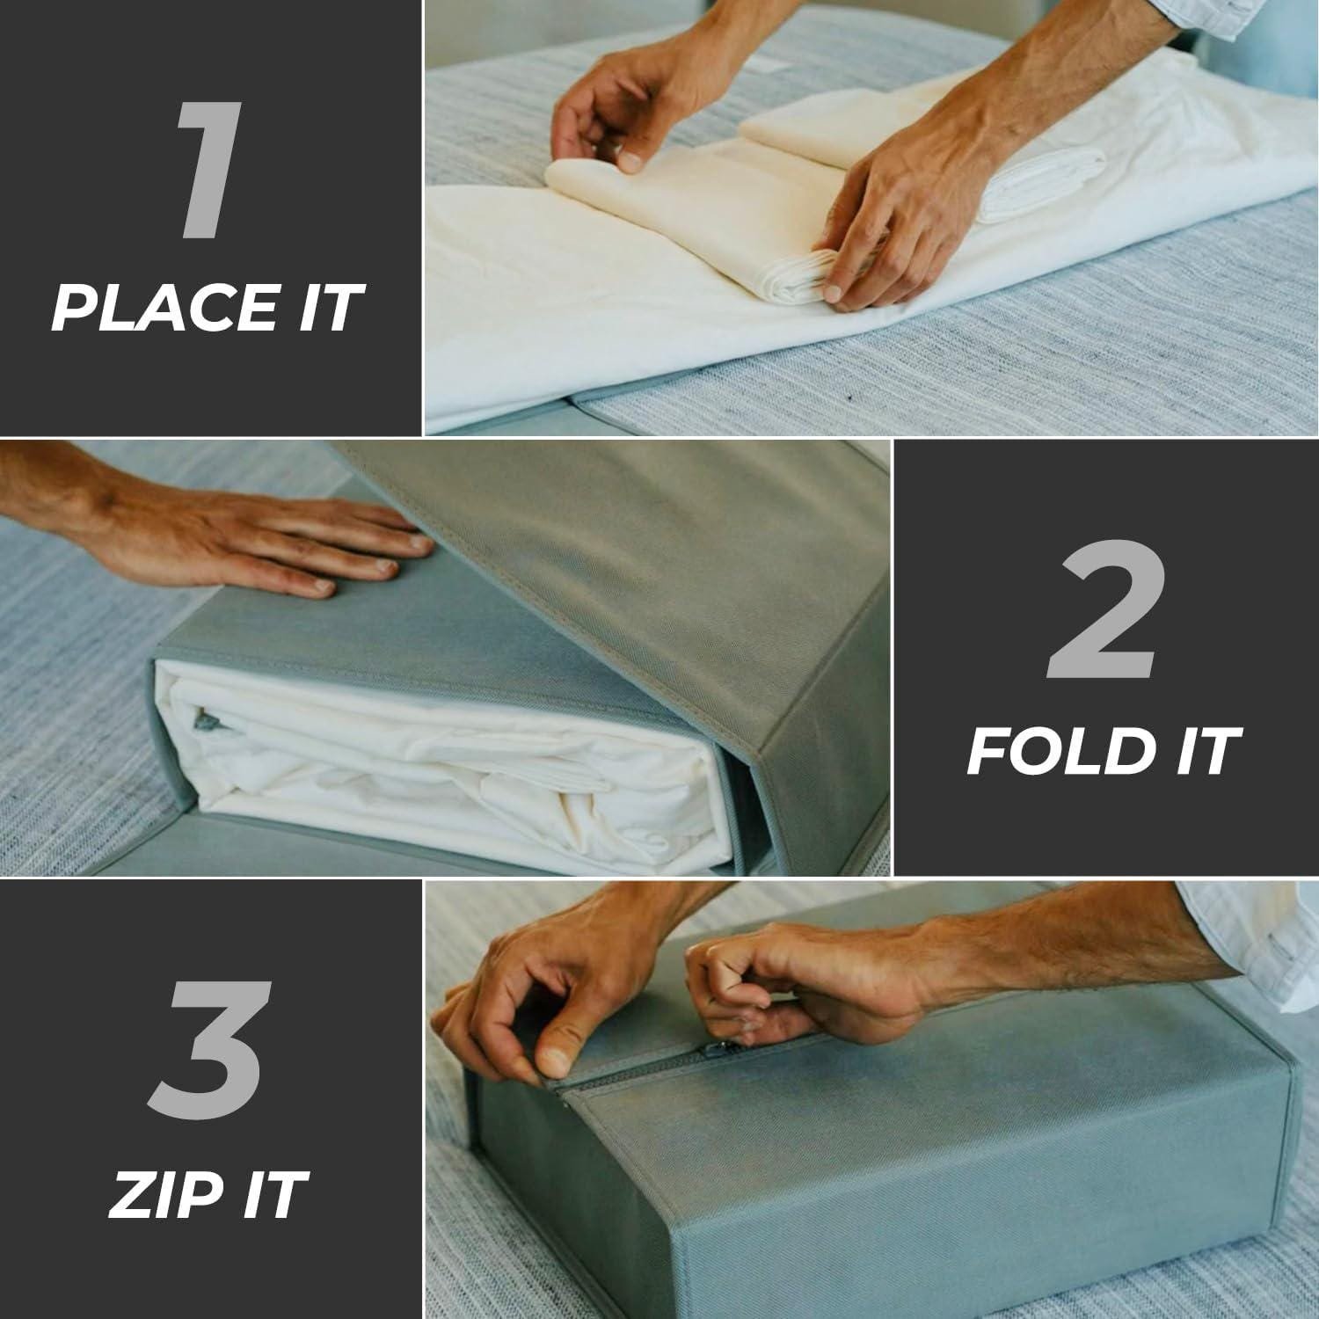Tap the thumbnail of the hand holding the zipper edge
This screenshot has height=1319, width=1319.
[551, 1059]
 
